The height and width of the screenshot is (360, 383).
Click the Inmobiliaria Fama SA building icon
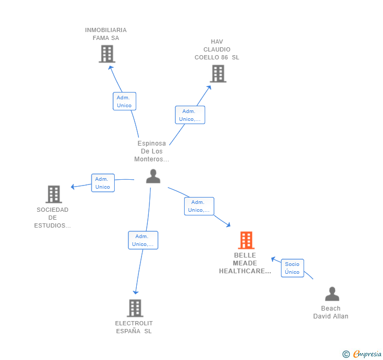107,54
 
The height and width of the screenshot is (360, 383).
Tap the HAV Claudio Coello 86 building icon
218,74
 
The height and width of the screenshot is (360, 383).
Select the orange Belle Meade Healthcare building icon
246,240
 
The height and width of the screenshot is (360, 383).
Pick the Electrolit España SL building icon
135,308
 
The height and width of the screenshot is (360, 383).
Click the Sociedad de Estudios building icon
54,194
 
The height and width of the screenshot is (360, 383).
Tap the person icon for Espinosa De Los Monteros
153,176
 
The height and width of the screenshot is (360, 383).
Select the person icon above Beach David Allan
332,294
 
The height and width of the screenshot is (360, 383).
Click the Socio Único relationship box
292,268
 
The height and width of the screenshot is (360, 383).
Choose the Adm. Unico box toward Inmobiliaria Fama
124,101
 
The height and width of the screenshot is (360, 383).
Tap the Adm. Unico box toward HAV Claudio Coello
189,115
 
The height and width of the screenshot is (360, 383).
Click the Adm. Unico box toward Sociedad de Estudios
103,183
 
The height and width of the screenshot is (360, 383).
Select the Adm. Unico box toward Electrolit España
143,240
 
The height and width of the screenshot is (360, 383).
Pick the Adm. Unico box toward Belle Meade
199,206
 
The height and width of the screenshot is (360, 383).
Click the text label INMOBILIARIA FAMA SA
106,34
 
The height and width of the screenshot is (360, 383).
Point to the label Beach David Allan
330,312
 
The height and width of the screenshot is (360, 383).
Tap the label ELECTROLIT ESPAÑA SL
134,327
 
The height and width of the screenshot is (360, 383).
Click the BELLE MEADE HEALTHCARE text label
245,263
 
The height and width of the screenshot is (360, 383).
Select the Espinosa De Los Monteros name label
152,151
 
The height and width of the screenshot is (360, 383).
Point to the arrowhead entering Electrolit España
136,292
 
